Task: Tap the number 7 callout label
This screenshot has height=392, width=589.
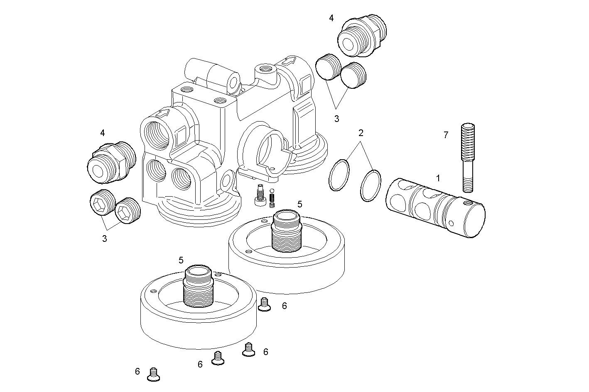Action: click(x=446, y=135)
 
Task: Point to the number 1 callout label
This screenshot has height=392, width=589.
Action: click(x=438, y=178)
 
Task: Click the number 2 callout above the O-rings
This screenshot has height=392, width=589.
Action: click(x=361, y=133)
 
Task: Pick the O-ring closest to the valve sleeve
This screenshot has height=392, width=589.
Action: click(x=371, y=185)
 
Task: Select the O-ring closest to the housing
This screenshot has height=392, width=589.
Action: click(x=339, y=175)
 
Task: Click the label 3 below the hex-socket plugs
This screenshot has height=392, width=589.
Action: click(x=104, y=239)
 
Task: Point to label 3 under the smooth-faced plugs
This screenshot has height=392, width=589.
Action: click(x=336, y=119)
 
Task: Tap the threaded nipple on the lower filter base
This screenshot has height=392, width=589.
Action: click(x=198, y=286)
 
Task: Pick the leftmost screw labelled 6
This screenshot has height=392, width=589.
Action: click(x=154, y=375)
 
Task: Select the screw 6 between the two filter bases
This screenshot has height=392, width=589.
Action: click(x=264, y=305)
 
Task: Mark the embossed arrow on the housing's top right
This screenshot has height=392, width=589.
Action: click(x=290, y=61)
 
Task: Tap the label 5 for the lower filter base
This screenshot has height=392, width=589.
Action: click(x=181, y=260)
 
